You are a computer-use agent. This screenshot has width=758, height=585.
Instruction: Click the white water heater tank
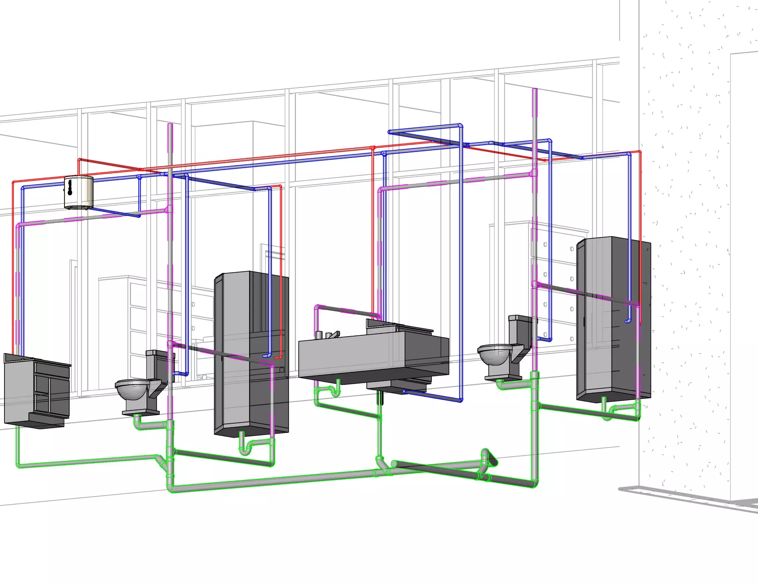[78, 192]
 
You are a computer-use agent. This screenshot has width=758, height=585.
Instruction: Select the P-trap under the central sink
[335, 392]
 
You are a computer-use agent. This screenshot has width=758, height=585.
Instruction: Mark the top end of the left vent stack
[170, 126]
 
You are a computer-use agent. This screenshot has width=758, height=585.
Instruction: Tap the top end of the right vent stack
[534, 90]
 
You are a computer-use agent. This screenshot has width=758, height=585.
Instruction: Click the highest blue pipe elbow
[460, 126]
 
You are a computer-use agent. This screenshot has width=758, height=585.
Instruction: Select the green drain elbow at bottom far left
[18, 465]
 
